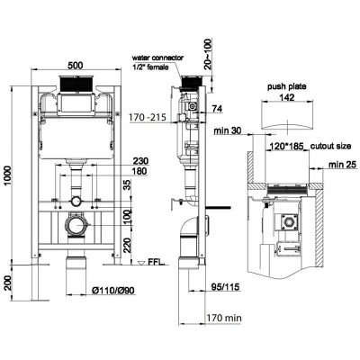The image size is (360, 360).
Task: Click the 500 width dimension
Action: [x=75, y=65]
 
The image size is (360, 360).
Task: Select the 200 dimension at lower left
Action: [x=8, y=283]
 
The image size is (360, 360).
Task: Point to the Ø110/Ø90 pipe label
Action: [x=113, y=291]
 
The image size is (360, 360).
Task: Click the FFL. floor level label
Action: [x=157, y=262]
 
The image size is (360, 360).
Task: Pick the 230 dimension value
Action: [x=140, y=161]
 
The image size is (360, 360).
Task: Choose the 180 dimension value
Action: [x=139, y=171]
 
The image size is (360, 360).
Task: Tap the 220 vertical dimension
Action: [x=128, y=245]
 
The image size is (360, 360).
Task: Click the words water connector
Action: [x=157, y=58]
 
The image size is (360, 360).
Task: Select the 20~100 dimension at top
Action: [x=208, y=54]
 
